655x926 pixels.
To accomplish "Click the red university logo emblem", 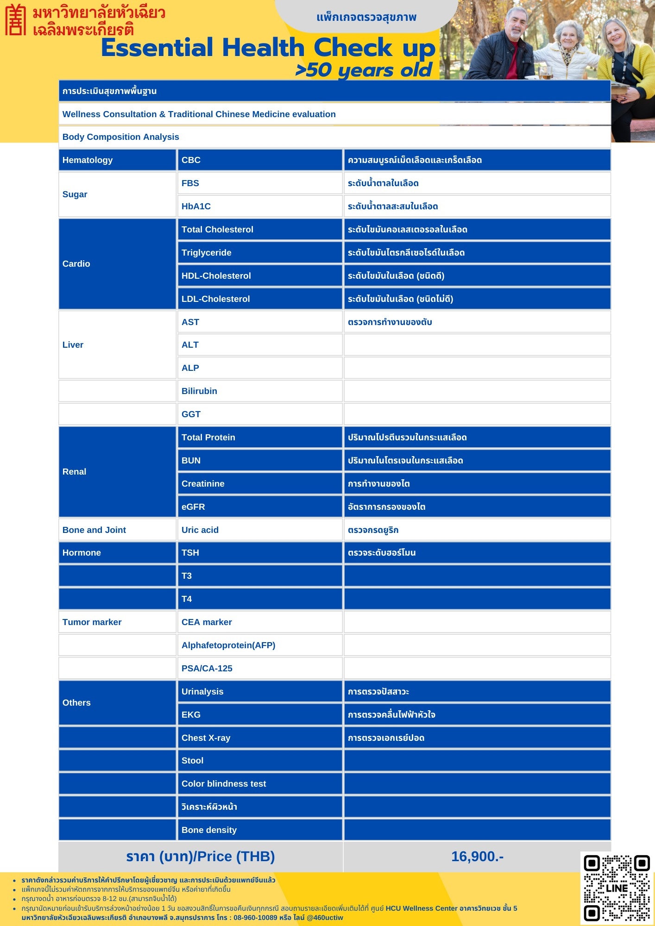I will point(15,20).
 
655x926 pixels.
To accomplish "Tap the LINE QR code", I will point(617,888).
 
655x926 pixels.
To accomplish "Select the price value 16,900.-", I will point(477,857).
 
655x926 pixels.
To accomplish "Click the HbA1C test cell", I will point(259,206).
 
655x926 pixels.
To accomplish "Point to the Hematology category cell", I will point(117,160).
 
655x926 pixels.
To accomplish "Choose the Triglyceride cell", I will point(259,253).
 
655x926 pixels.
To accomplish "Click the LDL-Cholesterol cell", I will point(259,299).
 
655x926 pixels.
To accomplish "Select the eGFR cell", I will point(259,507).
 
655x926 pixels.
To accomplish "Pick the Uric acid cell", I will point(259,530).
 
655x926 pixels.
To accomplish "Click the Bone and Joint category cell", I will point(117,530).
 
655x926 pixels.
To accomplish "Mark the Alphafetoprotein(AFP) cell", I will point(259,645).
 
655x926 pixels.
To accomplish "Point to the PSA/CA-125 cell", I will point(259,669).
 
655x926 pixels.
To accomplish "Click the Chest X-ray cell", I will point(259,738).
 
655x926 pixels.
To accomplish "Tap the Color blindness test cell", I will point(259,784).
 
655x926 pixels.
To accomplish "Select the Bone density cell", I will point(259,830).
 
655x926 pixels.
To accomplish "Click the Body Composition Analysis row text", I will point(121,137).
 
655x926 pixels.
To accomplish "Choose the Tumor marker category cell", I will point(117,622).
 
